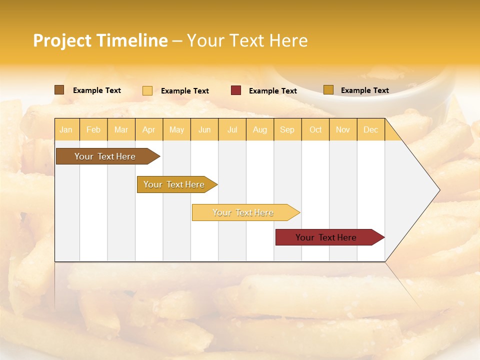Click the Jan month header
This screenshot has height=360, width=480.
[66, 129]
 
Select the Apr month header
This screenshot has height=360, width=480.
[148, 129]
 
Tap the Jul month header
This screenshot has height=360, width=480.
[232, 129]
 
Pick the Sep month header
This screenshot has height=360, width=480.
[287, 129]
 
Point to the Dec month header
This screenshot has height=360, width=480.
[370, 129]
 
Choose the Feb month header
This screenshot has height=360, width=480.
[93, 129]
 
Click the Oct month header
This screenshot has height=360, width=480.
[315, 129]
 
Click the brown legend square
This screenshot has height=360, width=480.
[59, 90]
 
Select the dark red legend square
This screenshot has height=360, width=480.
[236, 90]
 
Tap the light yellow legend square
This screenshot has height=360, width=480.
[147, 90]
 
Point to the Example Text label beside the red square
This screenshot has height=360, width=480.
[272, 91]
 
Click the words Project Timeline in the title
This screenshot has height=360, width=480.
[100, 40]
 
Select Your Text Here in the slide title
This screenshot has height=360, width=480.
[247, 40]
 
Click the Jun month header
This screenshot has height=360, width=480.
[204, 129]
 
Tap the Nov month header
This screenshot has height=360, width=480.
[342, 129]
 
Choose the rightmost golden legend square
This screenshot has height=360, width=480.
[328, 90]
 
